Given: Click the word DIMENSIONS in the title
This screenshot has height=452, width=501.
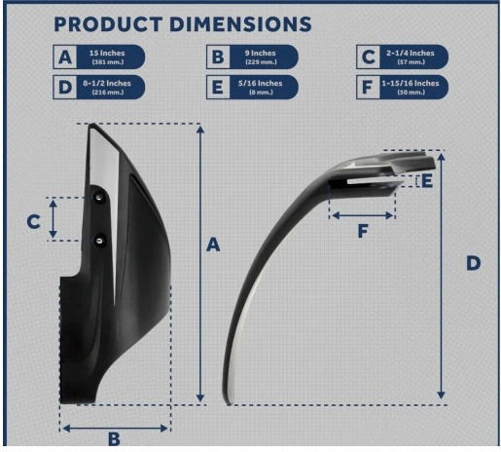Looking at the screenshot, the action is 240,24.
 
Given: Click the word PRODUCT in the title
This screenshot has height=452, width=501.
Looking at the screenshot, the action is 108,24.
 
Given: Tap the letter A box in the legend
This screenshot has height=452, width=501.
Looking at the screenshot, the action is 65,56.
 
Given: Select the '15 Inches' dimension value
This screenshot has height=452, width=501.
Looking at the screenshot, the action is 107,53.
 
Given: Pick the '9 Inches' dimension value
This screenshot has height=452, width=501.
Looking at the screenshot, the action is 261,53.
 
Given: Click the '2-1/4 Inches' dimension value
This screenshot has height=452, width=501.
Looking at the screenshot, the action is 411,53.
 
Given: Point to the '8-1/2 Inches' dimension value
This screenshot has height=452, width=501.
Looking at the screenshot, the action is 107,83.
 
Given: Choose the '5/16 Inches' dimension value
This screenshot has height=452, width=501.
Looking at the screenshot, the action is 261,83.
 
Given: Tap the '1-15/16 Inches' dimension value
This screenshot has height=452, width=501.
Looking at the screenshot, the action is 411,83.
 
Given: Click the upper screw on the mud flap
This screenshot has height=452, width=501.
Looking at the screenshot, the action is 99,197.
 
